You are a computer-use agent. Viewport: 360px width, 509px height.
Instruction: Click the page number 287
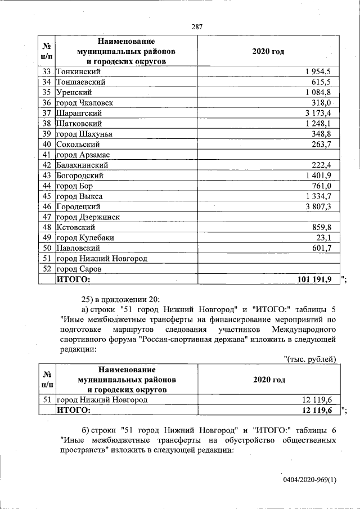pos(197,26)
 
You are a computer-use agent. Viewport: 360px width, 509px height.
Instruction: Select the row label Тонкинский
pos(78,71)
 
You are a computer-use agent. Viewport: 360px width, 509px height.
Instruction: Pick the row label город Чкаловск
pos(84,103)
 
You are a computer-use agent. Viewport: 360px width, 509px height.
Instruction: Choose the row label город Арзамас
pos(83,155)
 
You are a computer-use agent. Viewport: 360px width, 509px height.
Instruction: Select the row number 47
pos(47,217)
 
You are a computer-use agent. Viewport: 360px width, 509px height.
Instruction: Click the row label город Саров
pos(79,269)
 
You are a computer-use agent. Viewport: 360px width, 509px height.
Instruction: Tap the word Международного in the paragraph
pos(304,329)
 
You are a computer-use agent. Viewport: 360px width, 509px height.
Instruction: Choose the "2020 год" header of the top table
pos(268,51)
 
